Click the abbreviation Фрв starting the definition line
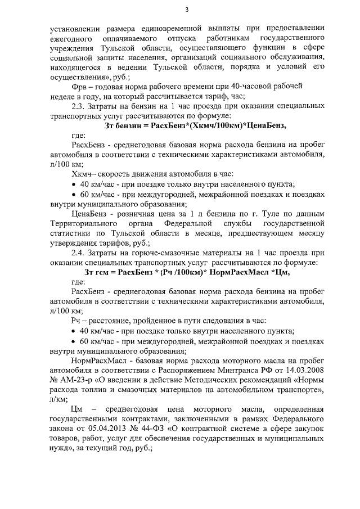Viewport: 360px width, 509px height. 80,87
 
